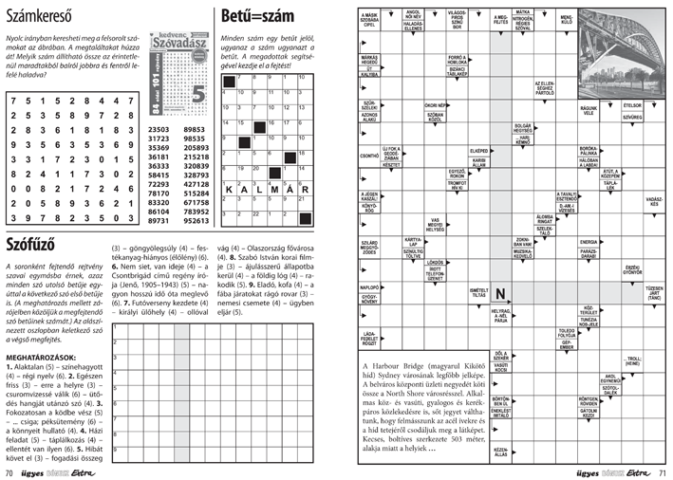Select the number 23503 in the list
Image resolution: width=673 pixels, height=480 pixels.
(159, 129)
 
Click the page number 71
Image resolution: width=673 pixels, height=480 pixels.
(663, 471)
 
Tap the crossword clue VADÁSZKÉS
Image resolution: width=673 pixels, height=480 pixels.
(653, 201)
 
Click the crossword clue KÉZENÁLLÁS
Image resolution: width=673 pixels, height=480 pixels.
(501, 452)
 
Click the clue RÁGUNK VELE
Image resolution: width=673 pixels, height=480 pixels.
(588, 111)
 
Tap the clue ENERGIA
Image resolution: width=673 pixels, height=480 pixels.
(588, 242)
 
